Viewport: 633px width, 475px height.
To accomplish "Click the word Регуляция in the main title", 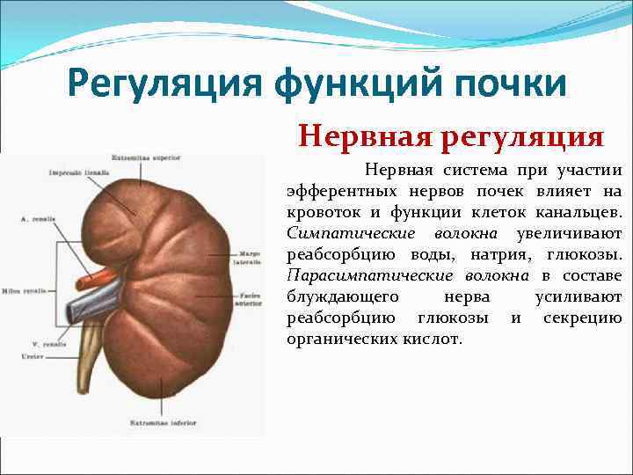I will pos(162,85).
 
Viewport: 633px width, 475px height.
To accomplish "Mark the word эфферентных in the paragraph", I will pos(345,192).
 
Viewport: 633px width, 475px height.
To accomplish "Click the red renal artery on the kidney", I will pos(89,281).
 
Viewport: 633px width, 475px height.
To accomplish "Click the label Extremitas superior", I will pos(156,157).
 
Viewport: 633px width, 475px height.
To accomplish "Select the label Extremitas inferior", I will pos(156,424).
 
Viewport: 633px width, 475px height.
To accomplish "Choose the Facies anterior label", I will pos(247,300).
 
